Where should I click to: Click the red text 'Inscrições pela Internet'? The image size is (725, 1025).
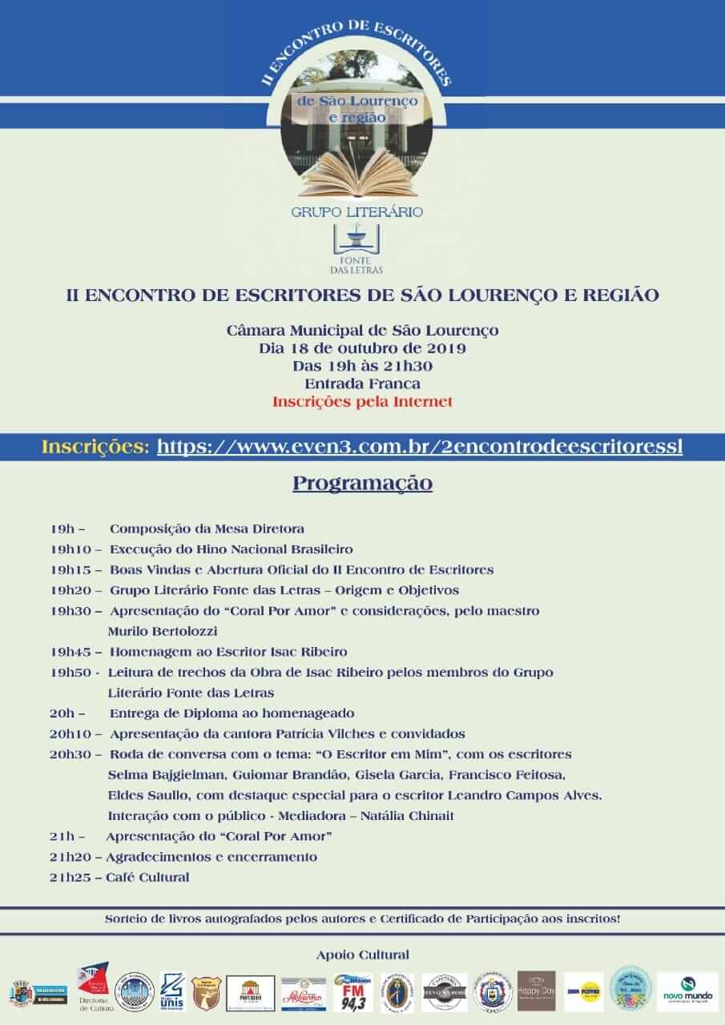click(362, 401)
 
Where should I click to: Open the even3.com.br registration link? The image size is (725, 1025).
click(420, 446)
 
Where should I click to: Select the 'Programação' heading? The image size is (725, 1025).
click(362, 484)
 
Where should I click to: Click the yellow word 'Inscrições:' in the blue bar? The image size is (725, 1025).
click(95, 446)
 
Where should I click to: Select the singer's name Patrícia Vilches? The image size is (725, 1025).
click(310, 734)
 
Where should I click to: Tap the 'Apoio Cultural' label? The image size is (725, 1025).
click(363, 954)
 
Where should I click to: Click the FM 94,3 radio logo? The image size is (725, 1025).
click(352, 993)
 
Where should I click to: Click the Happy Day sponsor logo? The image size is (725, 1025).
click(536, 991)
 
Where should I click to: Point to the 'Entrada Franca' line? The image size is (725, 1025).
click(362, 384)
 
